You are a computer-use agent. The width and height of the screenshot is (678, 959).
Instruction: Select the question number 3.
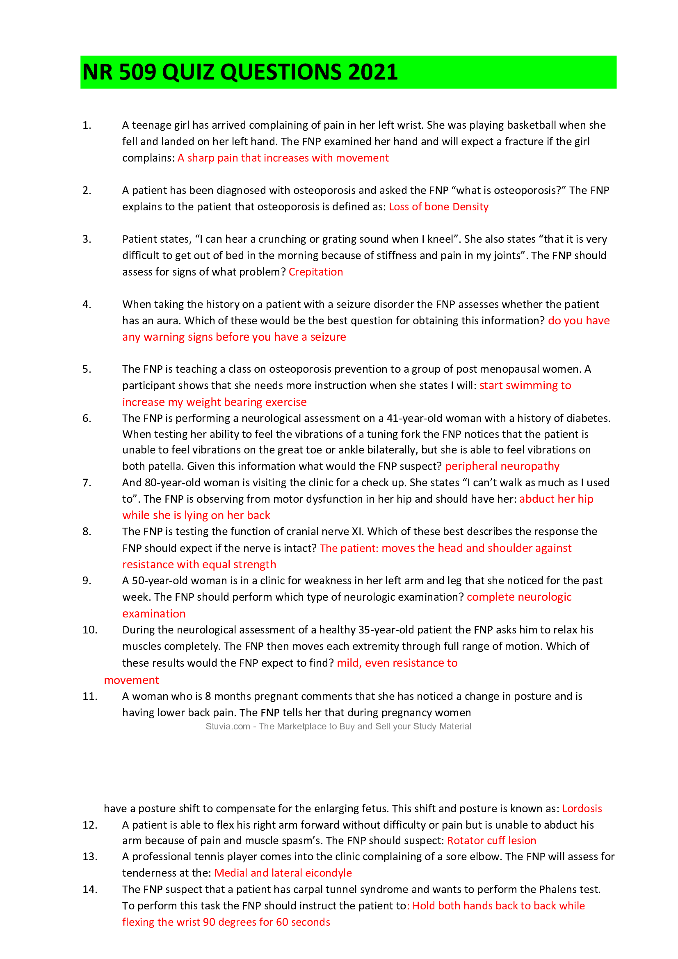pos(87,239)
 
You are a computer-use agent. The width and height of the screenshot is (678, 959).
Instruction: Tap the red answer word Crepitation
pos(315,272)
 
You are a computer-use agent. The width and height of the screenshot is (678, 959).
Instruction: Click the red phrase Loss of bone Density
pos(438,207)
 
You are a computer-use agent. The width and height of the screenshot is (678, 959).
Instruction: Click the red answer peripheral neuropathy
pos(502,466)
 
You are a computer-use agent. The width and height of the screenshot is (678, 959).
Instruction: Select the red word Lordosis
pos(582,809)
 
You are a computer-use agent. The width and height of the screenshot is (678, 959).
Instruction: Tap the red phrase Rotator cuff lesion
pos(491,841)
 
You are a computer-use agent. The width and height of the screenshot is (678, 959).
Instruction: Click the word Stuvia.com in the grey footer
pos(228,727)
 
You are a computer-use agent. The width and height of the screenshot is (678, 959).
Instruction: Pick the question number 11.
pos(89,696)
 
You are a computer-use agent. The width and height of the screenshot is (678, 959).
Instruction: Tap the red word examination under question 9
pos(154,614)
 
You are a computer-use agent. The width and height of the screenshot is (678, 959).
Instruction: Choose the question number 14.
pos(89,889)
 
